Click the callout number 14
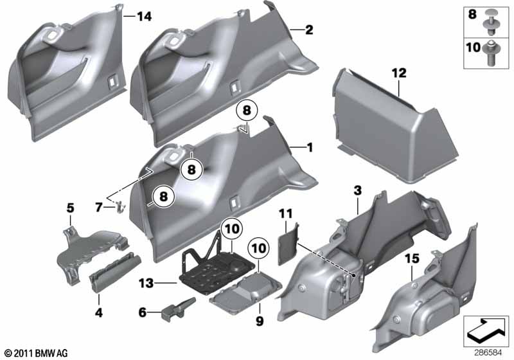tap(145, 16)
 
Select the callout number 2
tap(309, 30)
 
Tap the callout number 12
tap(399, 73)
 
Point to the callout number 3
tap(358, 190)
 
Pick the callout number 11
tap(285, 214)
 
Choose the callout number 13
tap(146, 283)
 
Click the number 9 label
tap(260, 321)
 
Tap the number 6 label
tap(142, 312)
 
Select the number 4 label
tap(99, 312)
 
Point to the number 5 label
tap(71, 208)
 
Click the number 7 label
tap(99, 207)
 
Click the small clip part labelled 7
tap(119, 207)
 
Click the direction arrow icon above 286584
tap(486, 332)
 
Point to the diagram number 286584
tap(488, 353)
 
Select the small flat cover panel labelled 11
tap(288, 243)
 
